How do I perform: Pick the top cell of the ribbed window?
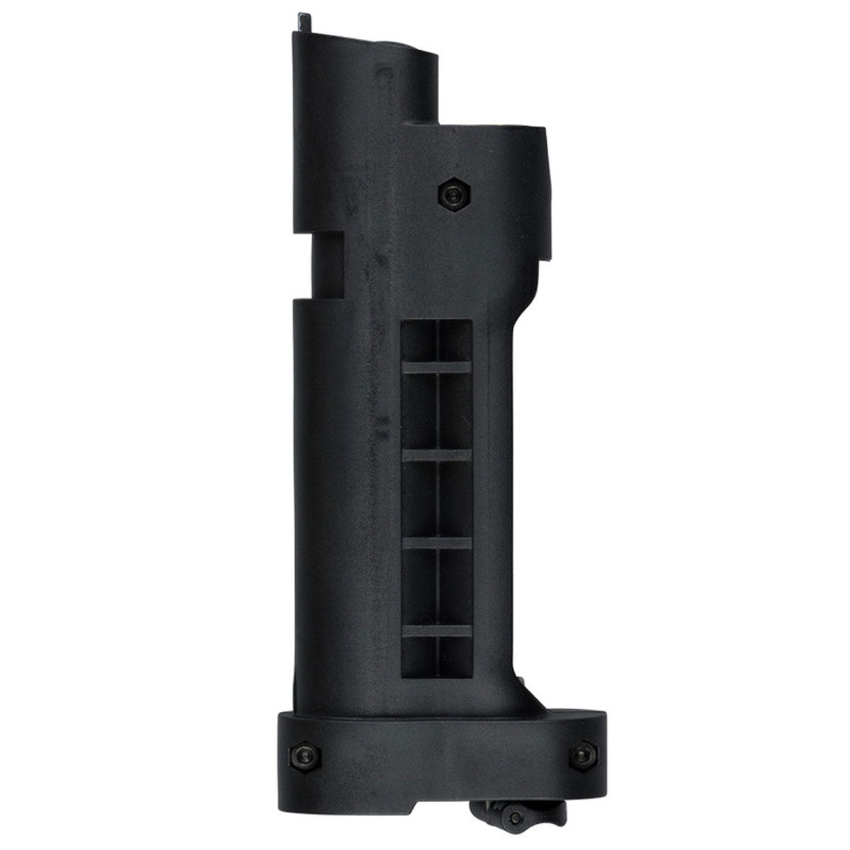pyautogui.click(x=436, y=342)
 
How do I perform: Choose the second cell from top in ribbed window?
pyautogui.click(x=436, y=412)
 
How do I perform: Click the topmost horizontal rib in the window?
pyautogui.click(x=436, y=367)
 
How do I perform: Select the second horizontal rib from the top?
pyautogui.click(x=436, y=458)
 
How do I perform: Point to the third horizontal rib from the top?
pyautogui.click(x=436, y=543)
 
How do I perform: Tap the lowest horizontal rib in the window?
pyautogui.click(x=436, y=630)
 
